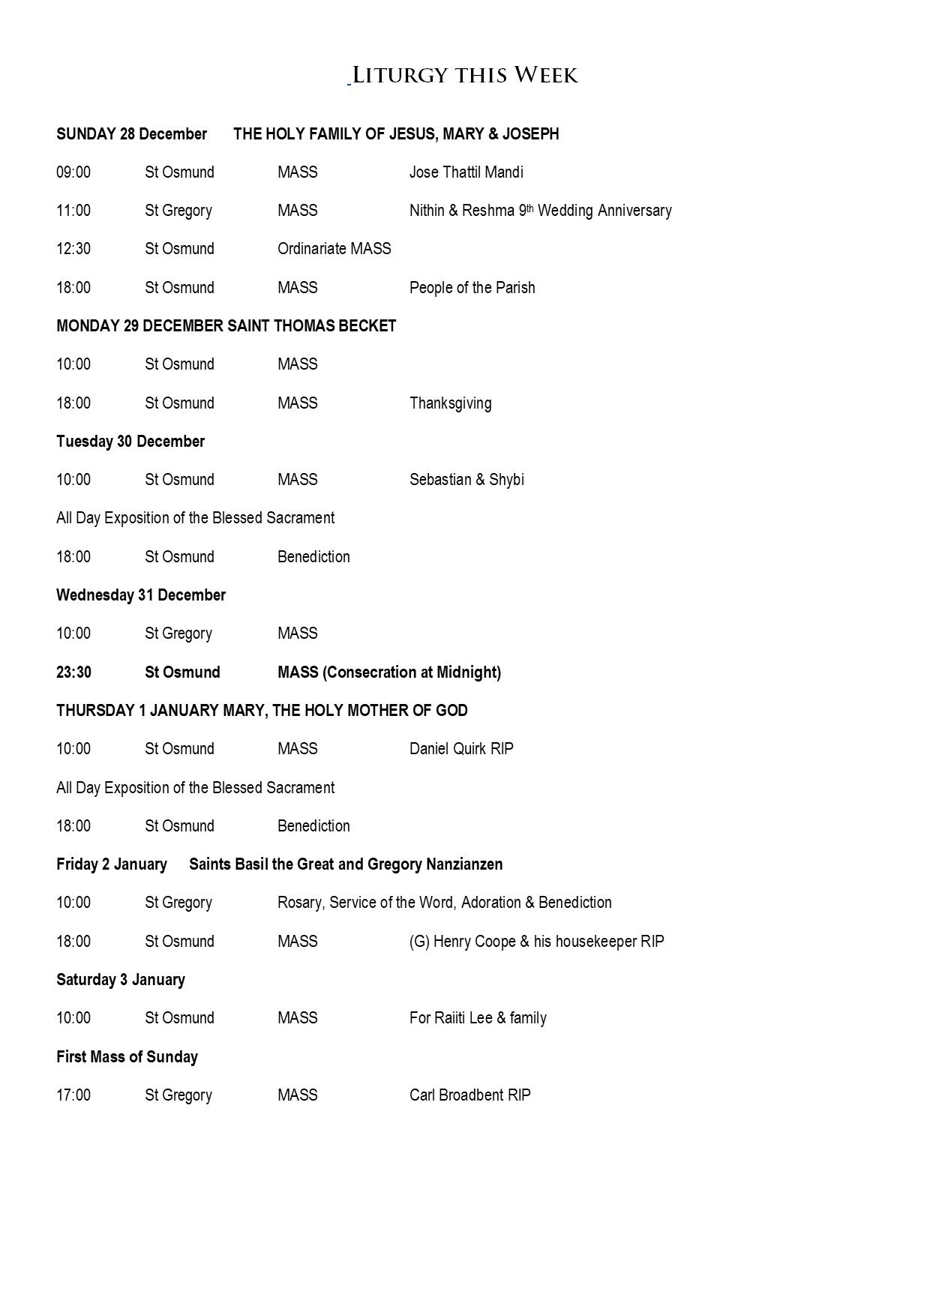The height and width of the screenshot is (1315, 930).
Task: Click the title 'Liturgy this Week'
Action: click(465, 75)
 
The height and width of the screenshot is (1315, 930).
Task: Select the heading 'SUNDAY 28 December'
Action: click(131, 134)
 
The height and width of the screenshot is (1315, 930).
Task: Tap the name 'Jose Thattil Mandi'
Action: click(466, 172)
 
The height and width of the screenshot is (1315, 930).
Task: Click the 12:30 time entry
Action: click(73, 249)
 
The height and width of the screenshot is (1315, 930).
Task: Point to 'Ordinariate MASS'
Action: click(334, 249)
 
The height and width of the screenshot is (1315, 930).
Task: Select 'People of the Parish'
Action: click(472, 288)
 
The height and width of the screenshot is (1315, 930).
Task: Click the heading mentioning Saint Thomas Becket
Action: click(226, 326)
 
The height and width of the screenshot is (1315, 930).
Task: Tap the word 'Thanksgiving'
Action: click(450, 403)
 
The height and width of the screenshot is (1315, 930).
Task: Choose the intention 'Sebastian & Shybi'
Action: click(466, 480)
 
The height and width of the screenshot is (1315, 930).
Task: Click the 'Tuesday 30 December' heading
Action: click(130, 442)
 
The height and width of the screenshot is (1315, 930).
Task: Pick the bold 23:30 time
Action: click(73, 672)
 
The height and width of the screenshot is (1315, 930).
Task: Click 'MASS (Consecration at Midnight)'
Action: click(388, 672)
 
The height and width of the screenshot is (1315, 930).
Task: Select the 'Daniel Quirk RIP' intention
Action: click(461, 749)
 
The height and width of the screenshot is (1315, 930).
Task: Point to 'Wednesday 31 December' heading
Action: click(141, 595)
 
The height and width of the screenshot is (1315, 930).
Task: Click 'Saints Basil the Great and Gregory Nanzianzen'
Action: click(346, 864)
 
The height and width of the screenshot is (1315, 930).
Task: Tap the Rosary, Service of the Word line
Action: click(444, 903)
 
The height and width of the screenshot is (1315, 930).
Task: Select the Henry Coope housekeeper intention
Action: click(536, 942)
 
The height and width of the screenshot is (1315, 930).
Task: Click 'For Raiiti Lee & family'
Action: click(478, 1018)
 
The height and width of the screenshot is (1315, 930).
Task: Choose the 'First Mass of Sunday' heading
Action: click(127, 1057)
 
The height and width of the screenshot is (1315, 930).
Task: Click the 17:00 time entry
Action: click(73, 1095)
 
